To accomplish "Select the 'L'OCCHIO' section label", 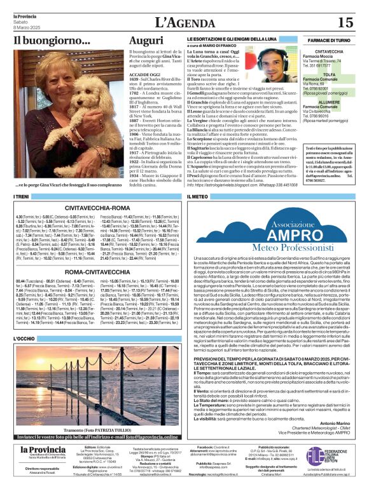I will coord(24,339).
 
